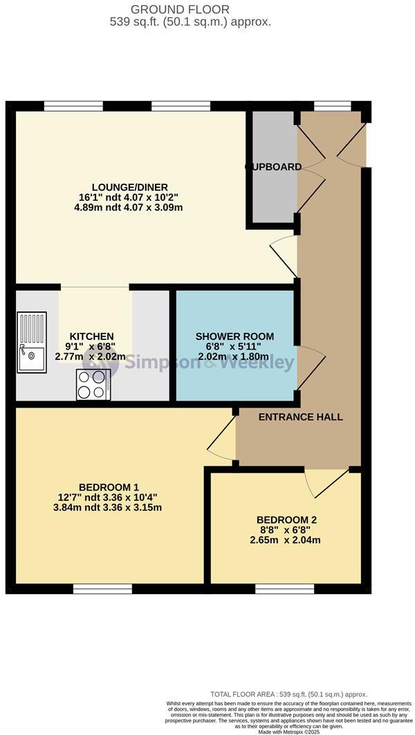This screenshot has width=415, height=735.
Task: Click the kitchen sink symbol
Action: [32, 343]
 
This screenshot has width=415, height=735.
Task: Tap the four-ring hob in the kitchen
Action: [93, 385]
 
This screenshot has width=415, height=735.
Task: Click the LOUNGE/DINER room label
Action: [129, 187]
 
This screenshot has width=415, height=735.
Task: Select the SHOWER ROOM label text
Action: [234, 336]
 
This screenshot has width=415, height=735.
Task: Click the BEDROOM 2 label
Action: [286, 519]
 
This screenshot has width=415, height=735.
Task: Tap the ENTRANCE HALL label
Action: [301, 417]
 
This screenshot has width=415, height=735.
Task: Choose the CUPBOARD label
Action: [274, 166]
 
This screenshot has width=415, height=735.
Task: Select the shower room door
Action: [311, 365]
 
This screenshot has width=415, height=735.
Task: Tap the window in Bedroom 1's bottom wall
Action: [102, 588]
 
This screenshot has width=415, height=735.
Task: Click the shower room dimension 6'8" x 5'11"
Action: [234, 347]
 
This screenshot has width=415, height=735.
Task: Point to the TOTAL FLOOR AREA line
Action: [289, 694]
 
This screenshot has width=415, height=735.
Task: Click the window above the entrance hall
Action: [333, 106]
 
